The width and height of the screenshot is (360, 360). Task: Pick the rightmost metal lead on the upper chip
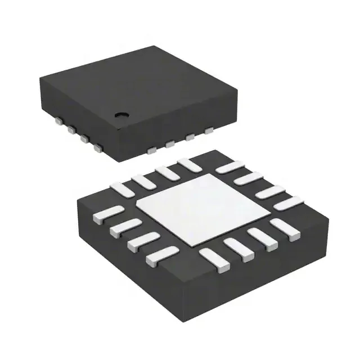point(209,131)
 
